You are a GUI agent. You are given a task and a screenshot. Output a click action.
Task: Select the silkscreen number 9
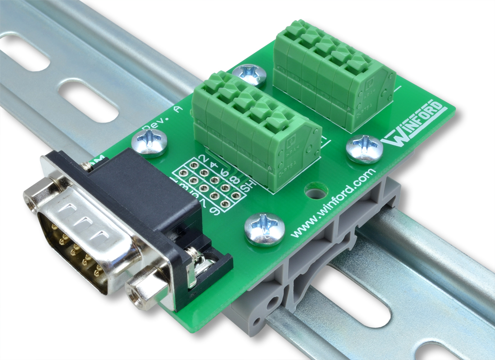tap(215, 210)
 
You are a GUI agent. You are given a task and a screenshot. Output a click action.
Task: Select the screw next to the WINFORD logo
tap(364, 149)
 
